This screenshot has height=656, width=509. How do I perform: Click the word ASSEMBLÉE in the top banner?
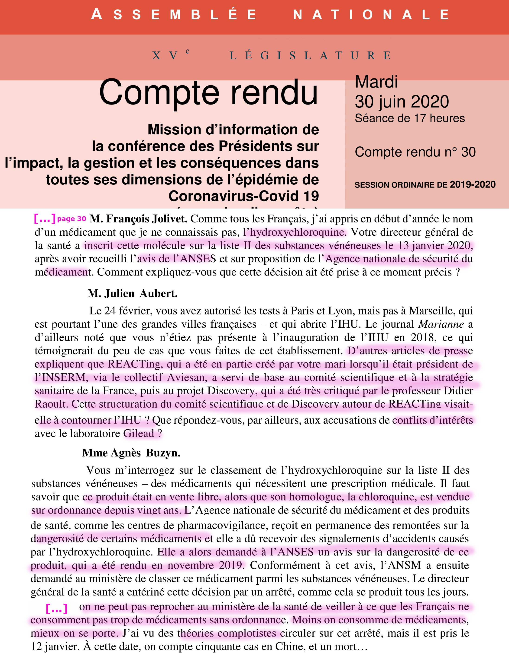click(x=174, y=14)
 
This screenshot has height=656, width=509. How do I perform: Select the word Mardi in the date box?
click(x=376, y=82)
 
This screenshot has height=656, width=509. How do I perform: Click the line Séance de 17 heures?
click(x=409, y=118)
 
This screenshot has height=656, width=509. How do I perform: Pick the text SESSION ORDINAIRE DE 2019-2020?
click(x=425, y=184)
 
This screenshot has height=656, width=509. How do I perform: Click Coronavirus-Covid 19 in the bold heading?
click(x=243, y=196)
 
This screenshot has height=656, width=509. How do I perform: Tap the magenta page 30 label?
click(x=71, y=219)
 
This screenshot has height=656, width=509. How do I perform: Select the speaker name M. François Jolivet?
click(x=138, y=219)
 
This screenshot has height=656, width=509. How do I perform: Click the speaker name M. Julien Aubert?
click(x=133, y=293)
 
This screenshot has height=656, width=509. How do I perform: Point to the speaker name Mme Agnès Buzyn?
click(x=131, y=453)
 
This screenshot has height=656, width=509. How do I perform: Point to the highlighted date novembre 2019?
click(x=204, y=565)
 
